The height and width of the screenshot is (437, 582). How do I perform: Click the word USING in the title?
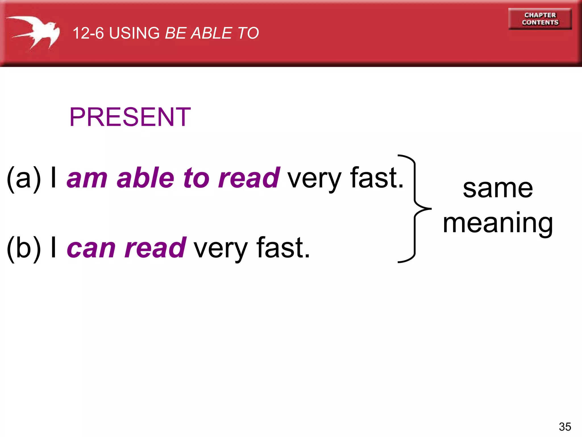pyautogui.click(x=134, y=33)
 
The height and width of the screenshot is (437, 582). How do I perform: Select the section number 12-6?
pyautogui.click(x=88, y=33)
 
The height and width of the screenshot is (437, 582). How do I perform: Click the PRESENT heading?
pyautogui.click(x=130, y=117)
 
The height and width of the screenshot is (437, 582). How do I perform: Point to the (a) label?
pyautogui.click(x=24, y=178)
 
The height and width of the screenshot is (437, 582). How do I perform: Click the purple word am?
pyautogui.click(x=87, y=179)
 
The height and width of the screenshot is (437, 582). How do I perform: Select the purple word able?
pyautogui.click(x=145, y=178)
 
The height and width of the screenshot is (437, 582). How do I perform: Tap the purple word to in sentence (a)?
pyautogui.click(x=196, y=179)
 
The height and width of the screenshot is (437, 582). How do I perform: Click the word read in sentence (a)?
pyautogui.click(x=249, y=178)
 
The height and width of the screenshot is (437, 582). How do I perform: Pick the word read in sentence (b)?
pyautogui.click(x=155, y=248)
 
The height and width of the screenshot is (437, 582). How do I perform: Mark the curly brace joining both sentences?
pyautogui.click(x=415, y=209)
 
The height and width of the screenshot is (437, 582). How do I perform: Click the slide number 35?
pyautogui.click(x=565, y=427)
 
